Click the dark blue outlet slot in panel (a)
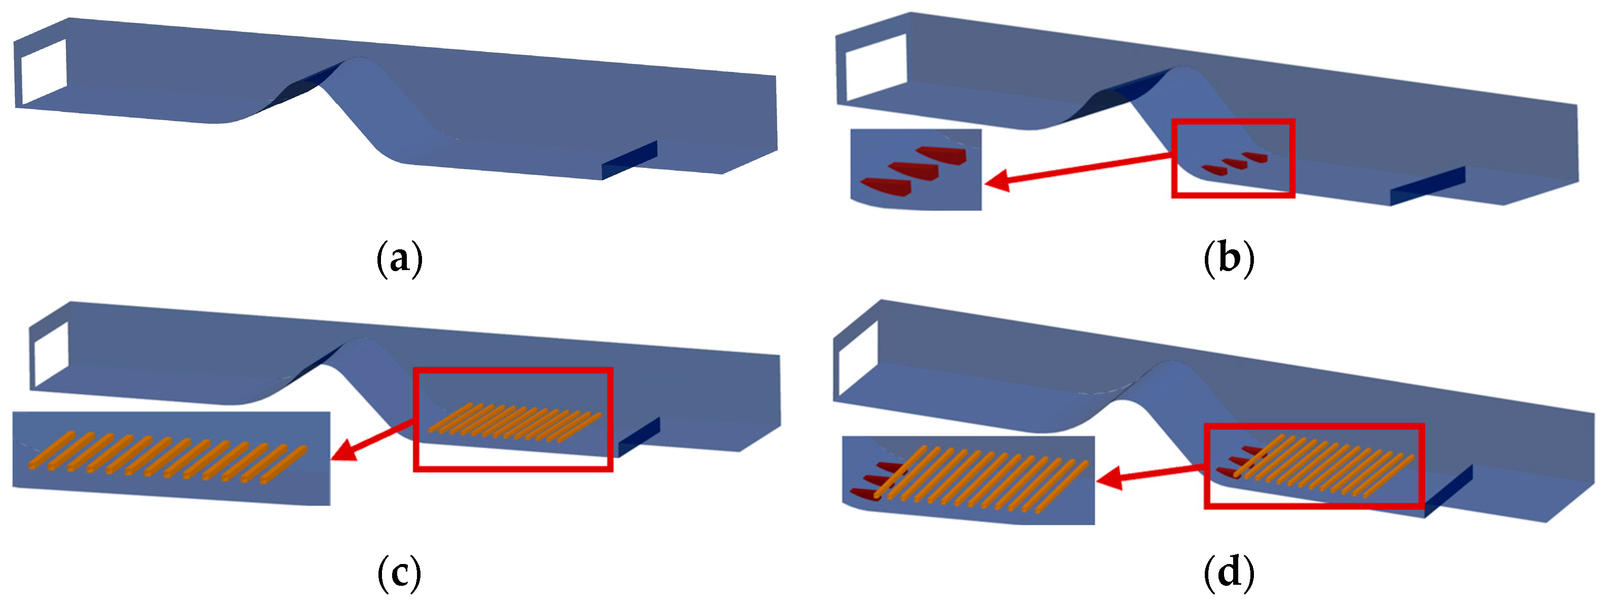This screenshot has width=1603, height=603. coord(629,160)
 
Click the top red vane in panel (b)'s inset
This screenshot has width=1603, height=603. coord(941,155)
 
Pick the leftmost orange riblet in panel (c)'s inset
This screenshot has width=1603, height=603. coord(51,450)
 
